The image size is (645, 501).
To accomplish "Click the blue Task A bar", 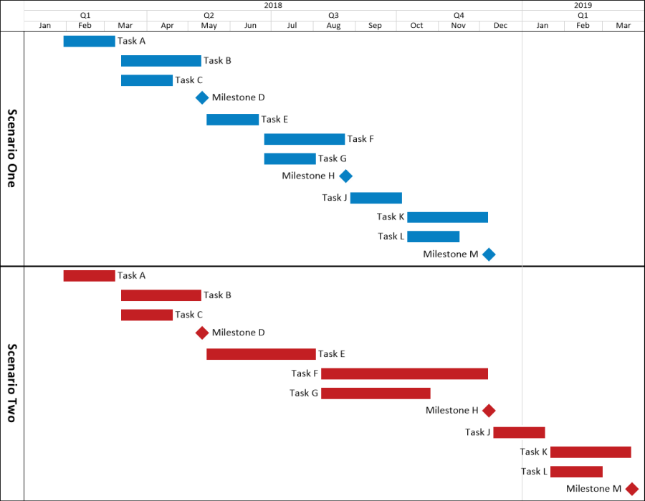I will click(89, 41).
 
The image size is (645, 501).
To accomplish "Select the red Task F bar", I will click(404, 373).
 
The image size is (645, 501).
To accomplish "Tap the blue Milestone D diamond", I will click(202, 97).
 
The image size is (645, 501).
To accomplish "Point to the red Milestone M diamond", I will click(631, 489).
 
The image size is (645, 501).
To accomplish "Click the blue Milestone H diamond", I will click(345, 176).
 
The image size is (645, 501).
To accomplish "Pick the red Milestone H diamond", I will click(489, 410).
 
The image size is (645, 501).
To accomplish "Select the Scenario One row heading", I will click(11, 148).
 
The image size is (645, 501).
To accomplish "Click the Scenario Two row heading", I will click(11, 383).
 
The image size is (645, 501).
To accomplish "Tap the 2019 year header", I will click(583, 5).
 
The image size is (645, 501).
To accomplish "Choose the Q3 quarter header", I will click(333, 15).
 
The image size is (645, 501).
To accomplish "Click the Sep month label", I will click(375, 26).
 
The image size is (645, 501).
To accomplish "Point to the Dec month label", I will click(500, 26).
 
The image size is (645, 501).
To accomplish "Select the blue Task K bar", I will click(447, 217).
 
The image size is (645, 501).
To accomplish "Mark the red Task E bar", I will click(261, 353).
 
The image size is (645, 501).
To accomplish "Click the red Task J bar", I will click(519, 432).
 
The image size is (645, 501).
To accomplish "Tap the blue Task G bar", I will click(290, 158).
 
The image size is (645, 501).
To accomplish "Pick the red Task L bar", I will click(576, 471).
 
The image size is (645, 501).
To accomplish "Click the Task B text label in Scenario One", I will click(217, 61).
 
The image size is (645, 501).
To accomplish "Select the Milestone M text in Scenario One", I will click(450, 254).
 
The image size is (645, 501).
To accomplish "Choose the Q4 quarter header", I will click(459, 15).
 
